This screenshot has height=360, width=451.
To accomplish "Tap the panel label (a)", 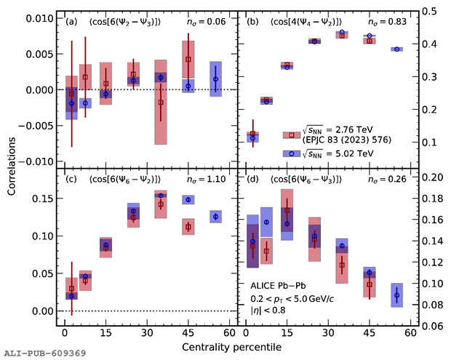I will pos(71,22).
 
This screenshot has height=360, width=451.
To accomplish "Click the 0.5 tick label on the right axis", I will pos(429,12).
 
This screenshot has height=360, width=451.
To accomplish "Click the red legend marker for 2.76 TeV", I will pos(291,135).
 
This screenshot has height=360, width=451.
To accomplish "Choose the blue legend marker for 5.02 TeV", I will pos(291,154).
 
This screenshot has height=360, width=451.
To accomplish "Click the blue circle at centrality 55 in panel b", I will pos(397,49).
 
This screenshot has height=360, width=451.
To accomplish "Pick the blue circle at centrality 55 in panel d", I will pos(397,295).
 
